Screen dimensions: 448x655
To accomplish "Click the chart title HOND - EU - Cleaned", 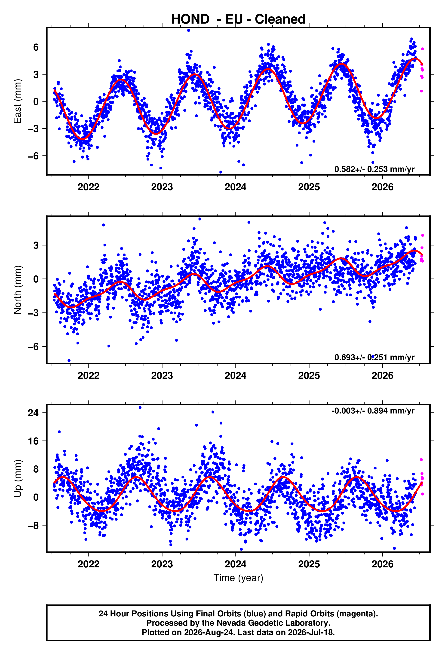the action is tap(238, 19).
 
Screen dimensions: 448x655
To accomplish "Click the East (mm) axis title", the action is tap(18, 101).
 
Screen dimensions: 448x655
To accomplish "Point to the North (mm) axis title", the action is tap(18, 290).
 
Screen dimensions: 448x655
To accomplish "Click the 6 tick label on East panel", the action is tap(36, 47).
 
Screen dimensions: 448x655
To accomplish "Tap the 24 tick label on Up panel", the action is tap(33, 413).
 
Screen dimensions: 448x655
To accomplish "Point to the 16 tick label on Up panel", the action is tap(33, 441).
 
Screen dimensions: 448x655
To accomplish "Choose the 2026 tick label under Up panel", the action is tap(383, 564).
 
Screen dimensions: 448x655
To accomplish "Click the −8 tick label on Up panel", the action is tap(33, 526).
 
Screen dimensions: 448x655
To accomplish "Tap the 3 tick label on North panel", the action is tap(36, 245).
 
